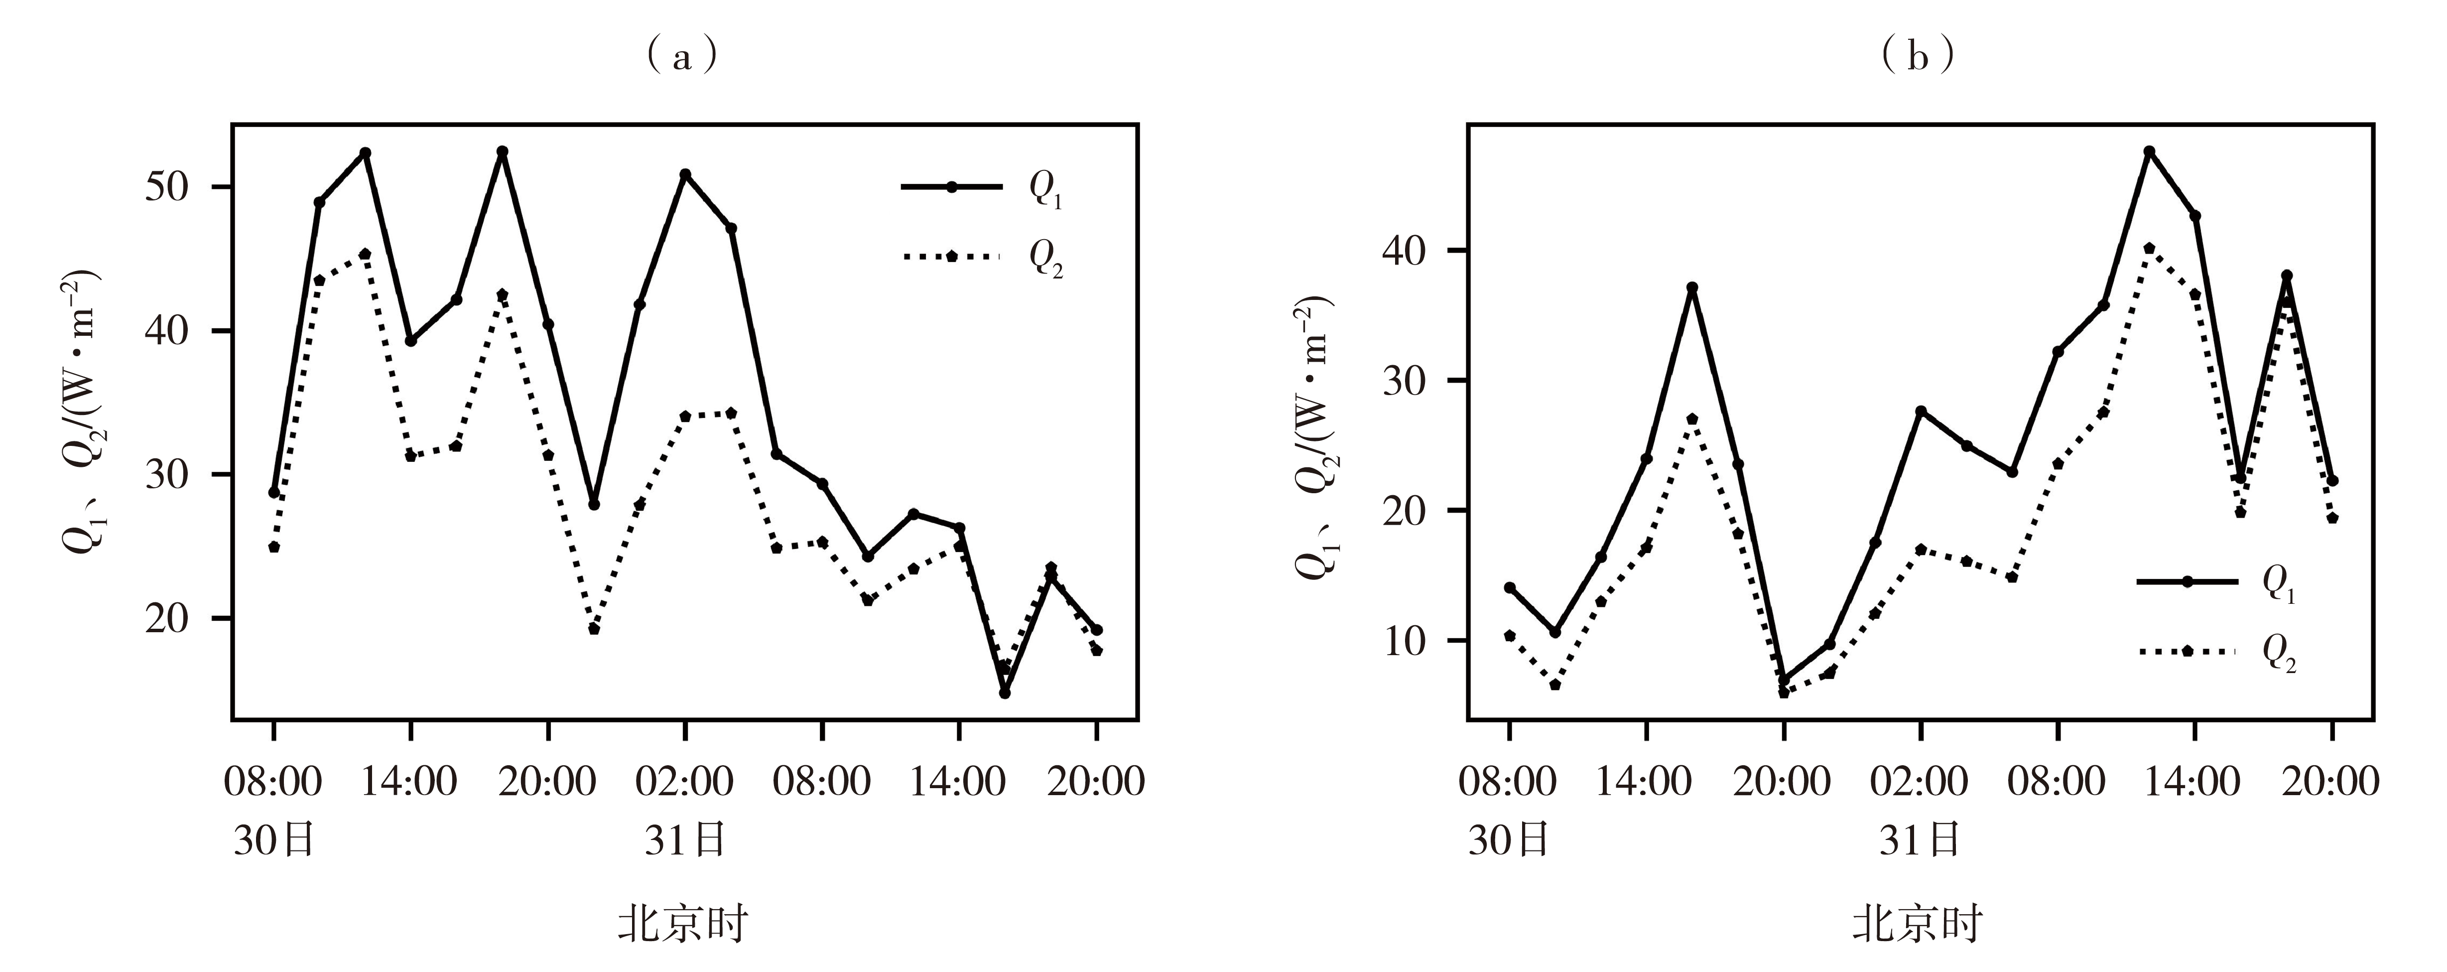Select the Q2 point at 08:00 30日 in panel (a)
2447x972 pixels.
pos(273,548)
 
